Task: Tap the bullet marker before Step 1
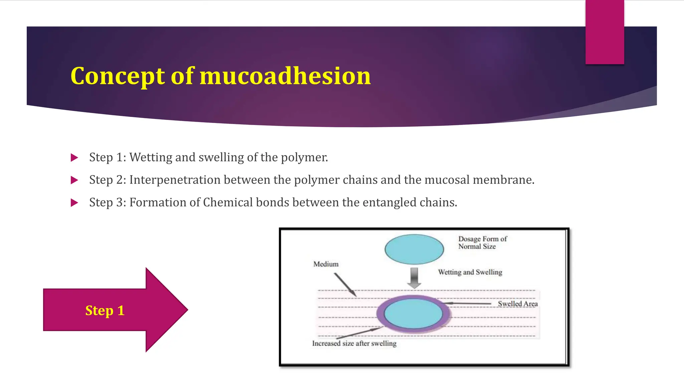[x=74, y=157]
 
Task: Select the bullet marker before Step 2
[x=74, y=180]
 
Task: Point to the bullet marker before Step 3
[x=74, y=203]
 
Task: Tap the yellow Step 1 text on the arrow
[x=105, y=310]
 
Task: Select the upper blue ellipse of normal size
[x=414, y=249]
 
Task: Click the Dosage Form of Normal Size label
[x=482, y=243]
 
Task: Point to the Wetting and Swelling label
[x=470, y=272]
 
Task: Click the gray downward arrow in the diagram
[x=414, y=277]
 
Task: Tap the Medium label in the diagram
[x=326, y=264]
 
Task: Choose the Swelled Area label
[x=518, y=304]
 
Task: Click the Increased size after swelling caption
[x=354, y=343]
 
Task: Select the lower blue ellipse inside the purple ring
[x=413, y=313]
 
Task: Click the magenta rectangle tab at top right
[x=605, y=32]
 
